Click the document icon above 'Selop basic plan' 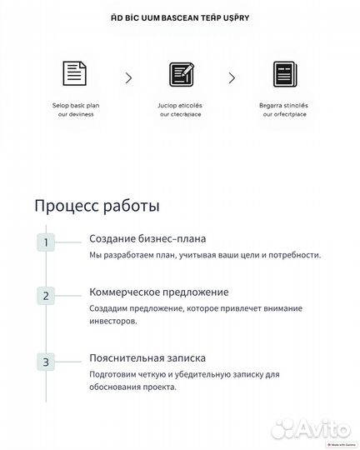pos(75,74)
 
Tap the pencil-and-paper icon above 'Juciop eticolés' pos(181,75)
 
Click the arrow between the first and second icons pos(128,77)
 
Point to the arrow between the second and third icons pos(233,77)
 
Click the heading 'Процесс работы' pos(97,205)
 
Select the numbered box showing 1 pos(46,242)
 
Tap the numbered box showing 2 pos(46,295)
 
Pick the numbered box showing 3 pos(46,362)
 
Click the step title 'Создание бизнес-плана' pos(147,239)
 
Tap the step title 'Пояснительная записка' pos(147,357)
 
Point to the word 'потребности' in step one pos(292,254)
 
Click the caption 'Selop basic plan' pos(75,107)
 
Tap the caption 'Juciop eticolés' pos(181,107)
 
